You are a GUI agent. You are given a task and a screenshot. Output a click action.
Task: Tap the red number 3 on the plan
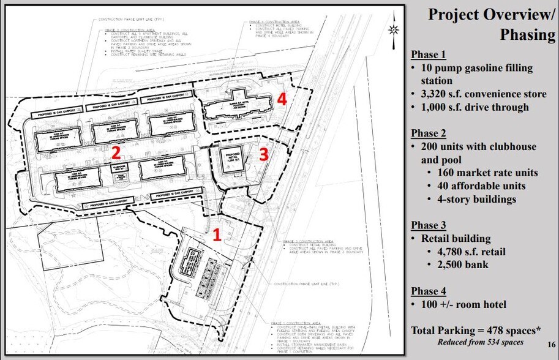263,155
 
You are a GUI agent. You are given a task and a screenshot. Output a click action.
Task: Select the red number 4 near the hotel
281,99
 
